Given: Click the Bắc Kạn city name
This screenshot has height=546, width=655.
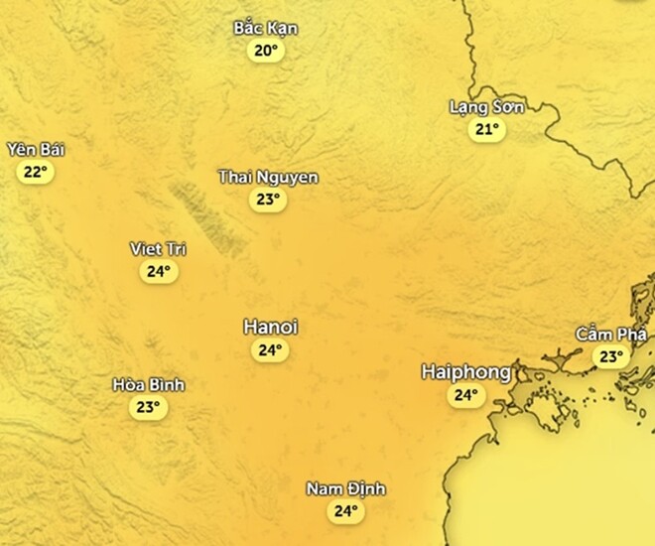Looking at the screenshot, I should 265,28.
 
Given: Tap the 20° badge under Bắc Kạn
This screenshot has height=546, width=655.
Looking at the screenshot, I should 266,51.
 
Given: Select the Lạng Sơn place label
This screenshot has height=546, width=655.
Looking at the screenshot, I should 486,107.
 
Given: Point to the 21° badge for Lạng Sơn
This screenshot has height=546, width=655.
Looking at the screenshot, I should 486,130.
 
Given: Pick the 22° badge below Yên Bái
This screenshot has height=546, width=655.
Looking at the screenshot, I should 35,172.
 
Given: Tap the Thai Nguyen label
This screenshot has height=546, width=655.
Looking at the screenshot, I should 268,178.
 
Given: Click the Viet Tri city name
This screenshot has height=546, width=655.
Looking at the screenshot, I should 159,248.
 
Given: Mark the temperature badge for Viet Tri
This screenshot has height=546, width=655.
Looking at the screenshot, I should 159,271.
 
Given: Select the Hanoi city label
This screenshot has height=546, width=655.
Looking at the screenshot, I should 271,327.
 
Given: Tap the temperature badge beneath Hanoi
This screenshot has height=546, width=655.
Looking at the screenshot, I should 270,350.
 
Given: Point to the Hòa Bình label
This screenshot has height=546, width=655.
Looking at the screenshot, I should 148,385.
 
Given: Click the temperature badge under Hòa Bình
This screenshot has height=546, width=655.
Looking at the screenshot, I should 148,407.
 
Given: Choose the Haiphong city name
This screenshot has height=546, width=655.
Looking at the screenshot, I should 465,372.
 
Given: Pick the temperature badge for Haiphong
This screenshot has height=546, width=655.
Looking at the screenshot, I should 464,396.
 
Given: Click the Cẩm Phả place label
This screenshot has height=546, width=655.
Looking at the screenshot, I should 611,334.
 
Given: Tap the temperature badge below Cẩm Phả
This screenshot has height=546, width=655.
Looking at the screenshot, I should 610,356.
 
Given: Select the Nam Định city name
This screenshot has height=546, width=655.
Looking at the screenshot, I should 344,489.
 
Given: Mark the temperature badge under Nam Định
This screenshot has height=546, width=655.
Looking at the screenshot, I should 344,512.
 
